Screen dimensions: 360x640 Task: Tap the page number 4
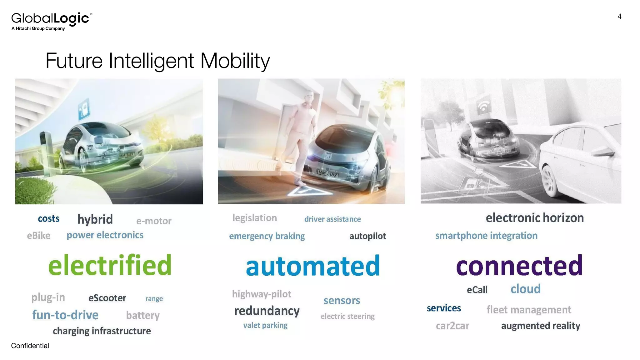619,17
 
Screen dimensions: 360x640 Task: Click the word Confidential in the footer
30,346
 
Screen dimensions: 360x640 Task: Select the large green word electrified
110,265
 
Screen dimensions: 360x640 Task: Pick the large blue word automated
313,266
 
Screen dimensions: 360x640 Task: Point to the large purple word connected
519,266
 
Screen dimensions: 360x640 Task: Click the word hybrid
95,219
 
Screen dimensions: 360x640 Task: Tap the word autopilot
367,236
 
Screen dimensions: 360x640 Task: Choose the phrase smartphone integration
486,236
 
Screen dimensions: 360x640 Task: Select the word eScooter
107,298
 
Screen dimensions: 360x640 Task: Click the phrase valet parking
265,325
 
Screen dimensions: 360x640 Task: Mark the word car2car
452,326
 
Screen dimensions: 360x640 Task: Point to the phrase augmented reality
541,326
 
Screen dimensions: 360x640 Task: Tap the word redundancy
267,311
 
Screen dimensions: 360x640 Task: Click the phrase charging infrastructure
102,331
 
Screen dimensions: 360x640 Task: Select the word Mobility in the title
235,61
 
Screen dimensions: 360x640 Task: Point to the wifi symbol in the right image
483,107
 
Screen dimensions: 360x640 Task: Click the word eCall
477,290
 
